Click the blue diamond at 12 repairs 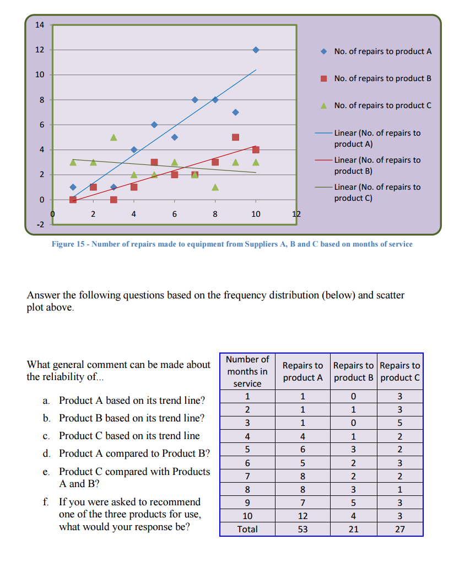pos(256,50)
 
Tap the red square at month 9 pos(235,137)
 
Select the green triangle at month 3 pos(114,137)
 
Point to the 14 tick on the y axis pos(40,25)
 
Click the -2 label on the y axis pos(40,225)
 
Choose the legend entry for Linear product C pos(377,193)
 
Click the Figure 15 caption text pos(232,244)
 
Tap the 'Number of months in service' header pos(247,371)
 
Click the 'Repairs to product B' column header pos(353,371)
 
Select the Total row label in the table pos(247,529)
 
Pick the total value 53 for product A pos(302,529)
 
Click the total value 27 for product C pos(400,529)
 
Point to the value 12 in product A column pos(302,516)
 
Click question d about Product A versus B pos(134,453)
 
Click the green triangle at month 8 pos(215,187)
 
